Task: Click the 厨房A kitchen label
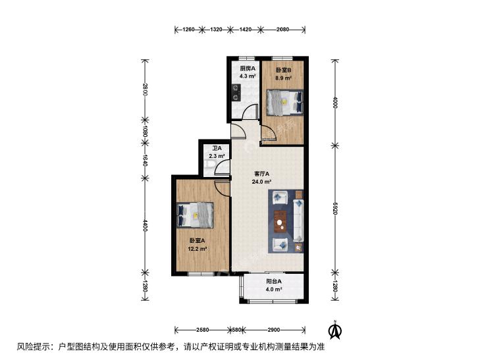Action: point(248,68)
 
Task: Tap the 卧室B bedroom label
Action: point(284,70)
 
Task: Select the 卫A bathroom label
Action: point(217,148)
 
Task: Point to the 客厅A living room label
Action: point(262,174)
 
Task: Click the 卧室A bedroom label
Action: point(197,241)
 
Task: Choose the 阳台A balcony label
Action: point(274,282)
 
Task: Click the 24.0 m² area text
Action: point(262,182)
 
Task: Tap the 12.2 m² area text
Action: point(197,249)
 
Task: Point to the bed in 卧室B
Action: point(284,103)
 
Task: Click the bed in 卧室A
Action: point(195,215)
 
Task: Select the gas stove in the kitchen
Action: point(236,93)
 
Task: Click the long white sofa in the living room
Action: point(298,220)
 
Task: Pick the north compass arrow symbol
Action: point(335,330)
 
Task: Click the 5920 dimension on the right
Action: point(335,208)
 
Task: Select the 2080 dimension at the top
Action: point(282,30)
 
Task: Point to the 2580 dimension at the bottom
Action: point(203,330)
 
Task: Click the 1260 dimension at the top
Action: point(188,30)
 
